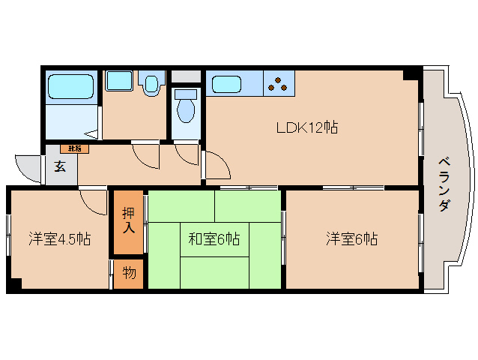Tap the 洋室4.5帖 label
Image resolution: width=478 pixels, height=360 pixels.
click(60, 239)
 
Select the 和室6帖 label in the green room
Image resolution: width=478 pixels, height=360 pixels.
click(214, 239)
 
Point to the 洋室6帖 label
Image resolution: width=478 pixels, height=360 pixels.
click(351, 239)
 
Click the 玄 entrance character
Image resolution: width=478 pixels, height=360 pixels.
click(60, 166)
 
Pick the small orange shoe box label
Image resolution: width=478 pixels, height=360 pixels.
click(74, 148)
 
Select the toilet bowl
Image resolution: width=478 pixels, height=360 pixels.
click(185, 109)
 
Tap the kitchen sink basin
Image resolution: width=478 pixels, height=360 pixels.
click(227, 83)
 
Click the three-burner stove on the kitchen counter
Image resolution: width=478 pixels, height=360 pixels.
click(279, 83)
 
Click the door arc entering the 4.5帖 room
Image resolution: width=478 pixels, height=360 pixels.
click(93, 201)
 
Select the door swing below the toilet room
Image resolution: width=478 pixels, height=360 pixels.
click(187, 154)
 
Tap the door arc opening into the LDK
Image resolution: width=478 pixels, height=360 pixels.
click(216, 165)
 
